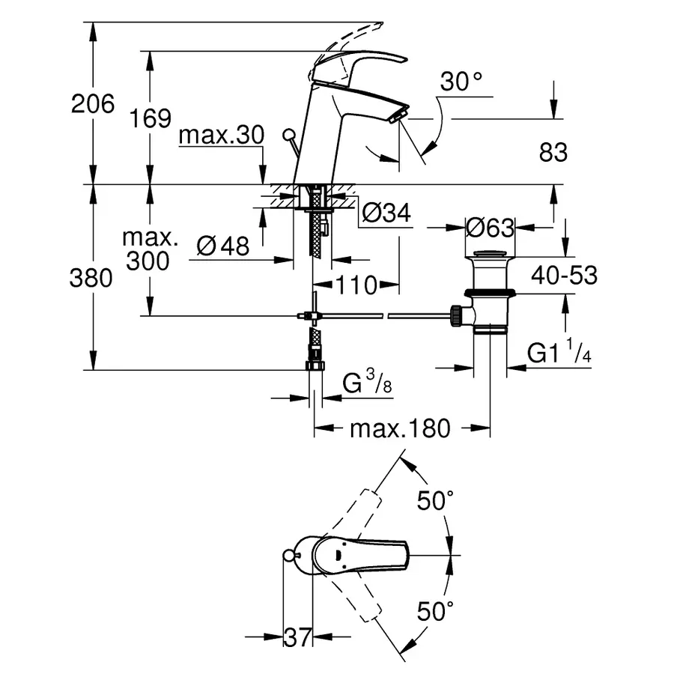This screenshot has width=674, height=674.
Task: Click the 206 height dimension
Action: click(x=93, y=103)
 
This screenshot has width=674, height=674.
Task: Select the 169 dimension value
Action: click(x=150, y=118)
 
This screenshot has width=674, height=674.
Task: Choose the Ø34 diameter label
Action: click(x=386, y=213)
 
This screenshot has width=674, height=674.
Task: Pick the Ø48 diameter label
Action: click(x=223, y=246)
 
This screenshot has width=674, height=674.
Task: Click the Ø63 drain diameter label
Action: click(x=490, y=227)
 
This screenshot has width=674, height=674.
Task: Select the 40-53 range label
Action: click(x=565, y=276)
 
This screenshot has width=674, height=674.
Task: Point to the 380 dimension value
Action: click(x=93, y=279)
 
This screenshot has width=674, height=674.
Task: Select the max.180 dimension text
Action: click(x=400, y=428)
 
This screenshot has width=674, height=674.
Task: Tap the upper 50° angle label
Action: click(x=436, y=501)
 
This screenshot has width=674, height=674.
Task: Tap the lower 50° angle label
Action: click(x=436, y=612)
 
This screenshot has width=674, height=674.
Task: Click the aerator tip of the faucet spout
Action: click(x=398, y=115)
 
